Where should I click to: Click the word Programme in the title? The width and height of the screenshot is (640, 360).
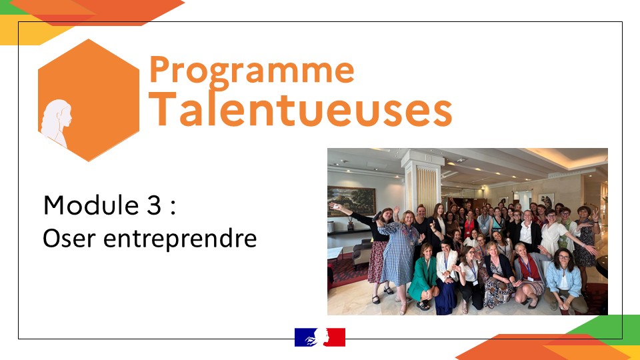(x=251, y=72)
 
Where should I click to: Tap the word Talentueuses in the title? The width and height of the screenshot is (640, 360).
(x=300, y=109)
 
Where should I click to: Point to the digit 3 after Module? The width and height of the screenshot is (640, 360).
(x=153, y=205)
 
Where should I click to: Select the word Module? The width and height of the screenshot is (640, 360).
(x=91, y=205)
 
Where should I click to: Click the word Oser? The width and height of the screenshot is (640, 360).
(x=69, y=239)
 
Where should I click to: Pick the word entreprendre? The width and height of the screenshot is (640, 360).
(x=180, y=239)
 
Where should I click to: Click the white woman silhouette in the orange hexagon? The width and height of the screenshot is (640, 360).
(x=56, y=123)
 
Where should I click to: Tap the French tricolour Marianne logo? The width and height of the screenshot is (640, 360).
(x=320, y=337)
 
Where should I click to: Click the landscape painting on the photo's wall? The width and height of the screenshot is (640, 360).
(x=351, y=201)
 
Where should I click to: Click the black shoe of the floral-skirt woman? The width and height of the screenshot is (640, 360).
(x=376, y=299)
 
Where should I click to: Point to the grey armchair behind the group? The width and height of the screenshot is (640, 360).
(x=362, y=254)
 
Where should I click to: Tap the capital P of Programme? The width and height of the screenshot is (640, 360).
(x=159, y=69)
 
